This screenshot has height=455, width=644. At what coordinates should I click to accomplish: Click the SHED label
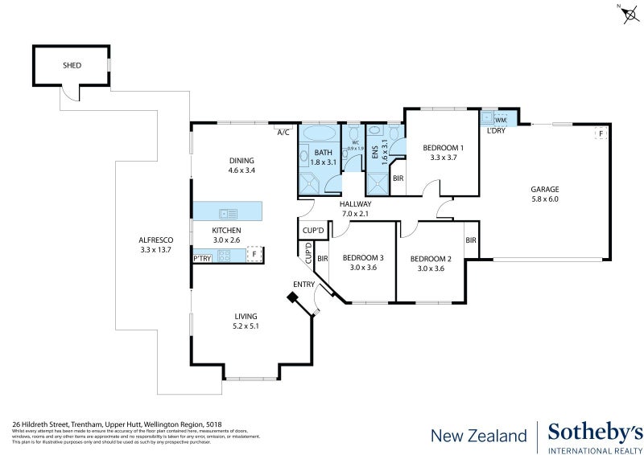point(72,65)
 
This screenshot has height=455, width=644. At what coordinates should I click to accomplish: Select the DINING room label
point(241,160)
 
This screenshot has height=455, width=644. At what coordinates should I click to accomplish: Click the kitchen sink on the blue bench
point(228,213)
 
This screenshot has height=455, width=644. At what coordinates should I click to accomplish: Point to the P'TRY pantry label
point(202,258)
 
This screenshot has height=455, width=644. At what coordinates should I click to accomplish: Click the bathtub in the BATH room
point(322,134)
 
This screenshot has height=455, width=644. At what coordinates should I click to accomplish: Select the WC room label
point(355,143)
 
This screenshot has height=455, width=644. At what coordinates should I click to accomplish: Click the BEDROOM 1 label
point(443,147)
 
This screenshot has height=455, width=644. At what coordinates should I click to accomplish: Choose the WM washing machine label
point(500,120)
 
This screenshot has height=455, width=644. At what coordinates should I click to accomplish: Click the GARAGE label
point(544,189)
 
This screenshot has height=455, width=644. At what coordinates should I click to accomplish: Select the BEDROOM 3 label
point(363,258)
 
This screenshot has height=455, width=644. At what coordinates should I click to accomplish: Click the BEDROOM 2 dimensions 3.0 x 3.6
point(430,268)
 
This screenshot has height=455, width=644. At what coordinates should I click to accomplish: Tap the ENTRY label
point(303,284)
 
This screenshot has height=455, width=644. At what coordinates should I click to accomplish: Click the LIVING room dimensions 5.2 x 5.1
point(246,326)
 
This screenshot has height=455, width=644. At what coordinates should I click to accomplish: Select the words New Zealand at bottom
point(479,436)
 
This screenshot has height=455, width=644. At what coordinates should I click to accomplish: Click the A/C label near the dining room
point(283,132)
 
